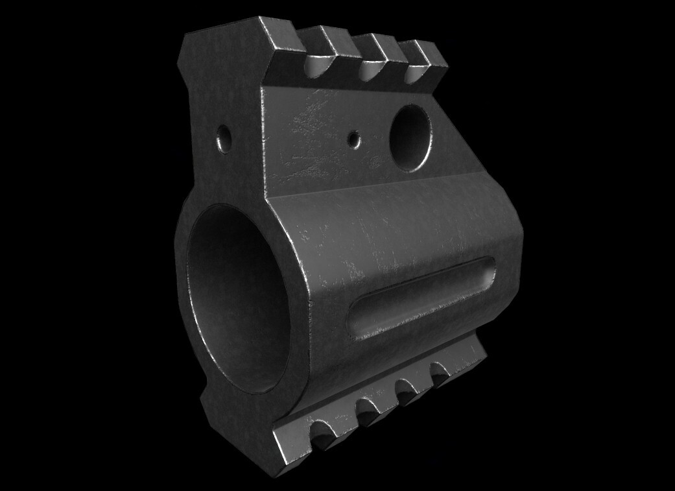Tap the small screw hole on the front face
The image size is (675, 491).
[x=224, y=136]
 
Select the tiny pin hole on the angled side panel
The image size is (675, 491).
[x=353, y=138]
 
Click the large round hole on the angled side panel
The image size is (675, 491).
[x=412, y=136]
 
